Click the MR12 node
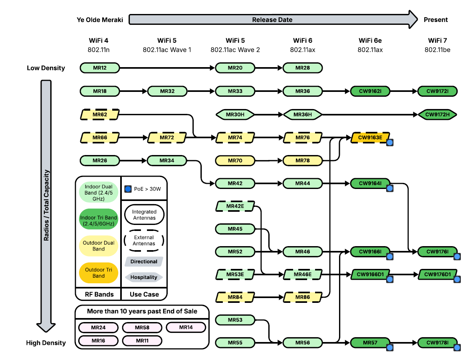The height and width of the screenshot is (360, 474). (100, 68)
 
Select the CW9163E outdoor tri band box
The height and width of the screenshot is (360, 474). (370, 137)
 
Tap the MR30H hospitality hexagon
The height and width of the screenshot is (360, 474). (235, 115)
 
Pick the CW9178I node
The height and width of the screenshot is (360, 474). (437, 342)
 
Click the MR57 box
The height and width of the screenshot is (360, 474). (370, 342)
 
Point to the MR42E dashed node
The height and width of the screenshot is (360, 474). (235, 206)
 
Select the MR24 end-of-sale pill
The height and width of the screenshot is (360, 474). (98, 328)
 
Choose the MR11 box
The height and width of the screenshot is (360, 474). (142, 340)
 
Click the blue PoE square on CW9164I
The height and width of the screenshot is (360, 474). (390, 188)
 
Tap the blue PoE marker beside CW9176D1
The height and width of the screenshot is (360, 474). (457, 279)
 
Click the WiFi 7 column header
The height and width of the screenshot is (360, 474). (437, 40)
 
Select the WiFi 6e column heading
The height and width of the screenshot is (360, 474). (370, 40)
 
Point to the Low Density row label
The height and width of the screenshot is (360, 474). (46, 68)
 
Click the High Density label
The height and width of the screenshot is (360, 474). (46, 343)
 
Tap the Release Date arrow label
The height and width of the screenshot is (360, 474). (272, 20)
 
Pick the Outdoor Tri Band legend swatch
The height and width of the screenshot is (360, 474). (99, 273)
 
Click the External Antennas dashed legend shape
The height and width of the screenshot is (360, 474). (144, 241)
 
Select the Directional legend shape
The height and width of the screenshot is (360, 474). (144, 262)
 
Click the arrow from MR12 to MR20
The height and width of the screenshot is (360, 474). (168, 68)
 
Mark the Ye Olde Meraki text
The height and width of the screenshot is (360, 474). (100, 20)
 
